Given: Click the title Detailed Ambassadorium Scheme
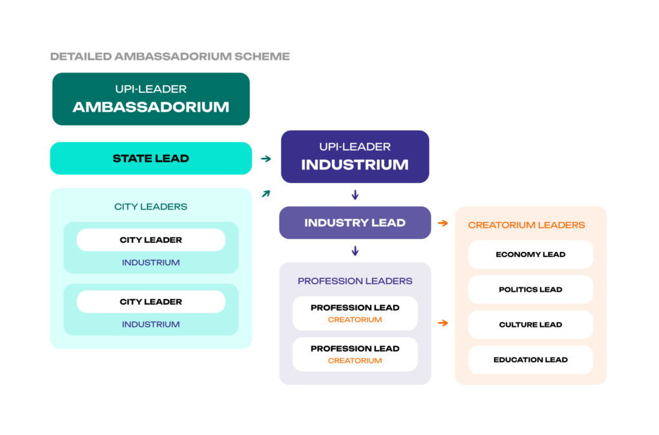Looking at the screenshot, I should click(170, 57).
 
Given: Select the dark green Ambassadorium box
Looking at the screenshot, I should click(151, 99).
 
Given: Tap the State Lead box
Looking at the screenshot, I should click(151, 159).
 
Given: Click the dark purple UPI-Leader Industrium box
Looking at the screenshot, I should click(355, 157).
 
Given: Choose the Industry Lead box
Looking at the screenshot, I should click(355, 223).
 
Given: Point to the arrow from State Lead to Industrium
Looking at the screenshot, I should click(266, 158).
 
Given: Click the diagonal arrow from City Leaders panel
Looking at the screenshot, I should click(266, 193).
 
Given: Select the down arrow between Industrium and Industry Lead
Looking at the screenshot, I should click(355, 195).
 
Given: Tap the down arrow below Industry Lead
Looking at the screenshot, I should click(355, 251).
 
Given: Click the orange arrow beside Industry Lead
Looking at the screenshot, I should click(443, 223).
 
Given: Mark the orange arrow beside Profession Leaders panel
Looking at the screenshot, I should click(443, 323).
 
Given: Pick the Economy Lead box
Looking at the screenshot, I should click(530, 255).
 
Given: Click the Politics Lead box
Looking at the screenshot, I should click(530, 289).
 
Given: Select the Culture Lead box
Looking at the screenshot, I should click(530, 325).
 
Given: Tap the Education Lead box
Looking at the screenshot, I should click(530, 360).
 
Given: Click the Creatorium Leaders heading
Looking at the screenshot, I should click(526, 225).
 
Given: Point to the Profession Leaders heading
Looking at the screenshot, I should click(355, 281).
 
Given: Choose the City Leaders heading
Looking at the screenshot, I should click(151, 207).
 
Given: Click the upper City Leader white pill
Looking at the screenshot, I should click(151, 240).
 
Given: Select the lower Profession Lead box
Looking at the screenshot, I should click(355, 354).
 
